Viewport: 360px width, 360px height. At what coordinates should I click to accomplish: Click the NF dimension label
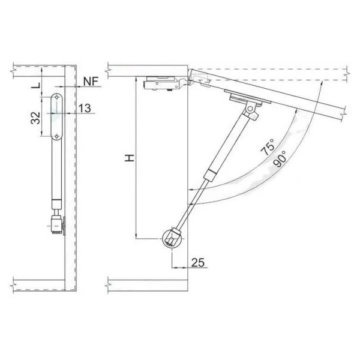[91, 81]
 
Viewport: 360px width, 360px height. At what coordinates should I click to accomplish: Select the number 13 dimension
[85, 108]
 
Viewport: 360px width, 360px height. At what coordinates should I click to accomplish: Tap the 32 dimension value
[35, 118]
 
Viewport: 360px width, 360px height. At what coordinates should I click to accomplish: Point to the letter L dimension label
[37, 85]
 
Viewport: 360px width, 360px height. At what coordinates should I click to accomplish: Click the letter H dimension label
[130, 158]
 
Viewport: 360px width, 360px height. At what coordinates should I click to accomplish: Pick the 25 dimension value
[197, 262]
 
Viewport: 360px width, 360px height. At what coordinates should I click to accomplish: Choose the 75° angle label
[268, 147]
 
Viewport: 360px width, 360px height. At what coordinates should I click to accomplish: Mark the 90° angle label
[280, 158]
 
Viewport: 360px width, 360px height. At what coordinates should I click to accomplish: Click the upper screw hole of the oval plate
[56, 97]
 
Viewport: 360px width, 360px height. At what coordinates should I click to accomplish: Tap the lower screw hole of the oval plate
[57, 136]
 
